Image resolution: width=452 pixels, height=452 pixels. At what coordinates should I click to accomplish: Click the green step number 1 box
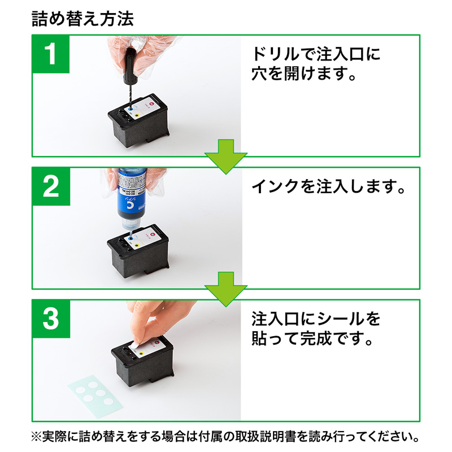[x=51, y=54]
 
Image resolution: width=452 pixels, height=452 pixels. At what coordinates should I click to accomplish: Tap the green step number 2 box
[x=51, y=186]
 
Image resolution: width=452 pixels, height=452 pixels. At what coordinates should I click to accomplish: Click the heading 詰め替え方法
[x=83, y=19]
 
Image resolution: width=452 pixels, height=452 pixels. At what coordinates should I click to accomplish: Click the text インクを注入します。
[x=328, y=186]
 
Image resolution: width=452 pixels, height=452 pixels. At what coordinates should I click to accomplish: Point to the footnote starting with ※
[x=225, y=437]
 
